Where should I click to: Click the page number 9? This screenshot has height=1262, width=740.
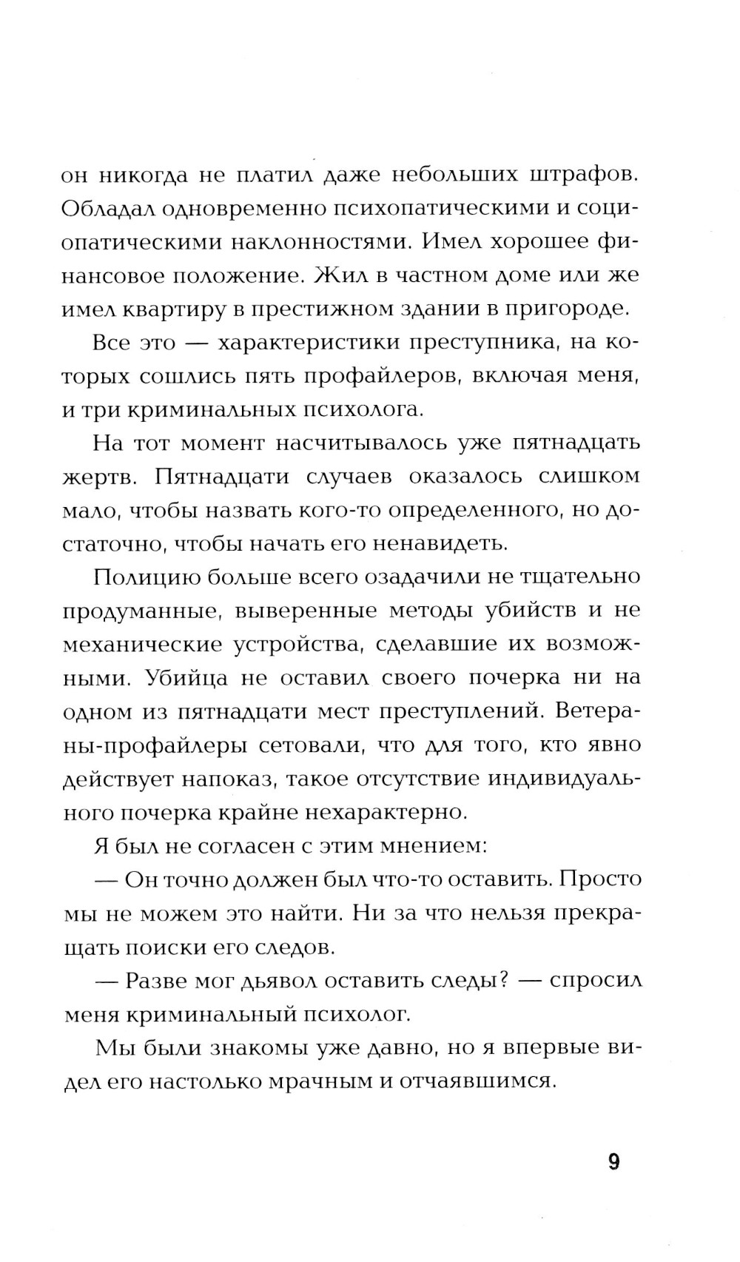[613, 1161]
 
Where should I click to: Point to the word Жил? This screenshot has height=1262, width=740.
[338, 275]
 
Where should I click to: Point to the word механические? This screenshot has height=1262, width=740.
[142, 644]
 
